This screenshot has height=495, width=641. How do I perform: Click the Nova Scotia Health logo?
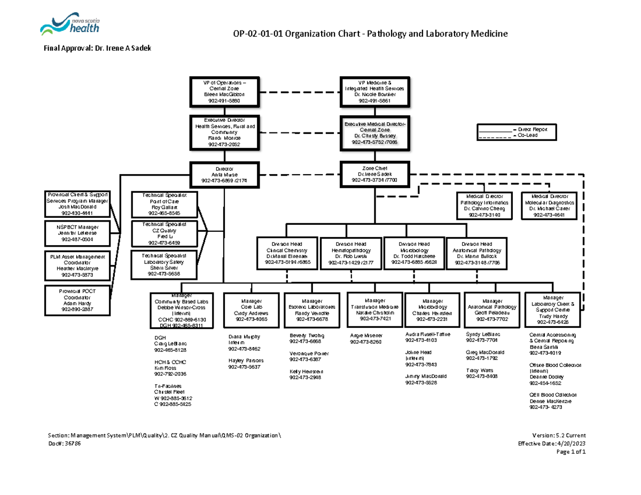point(69,24)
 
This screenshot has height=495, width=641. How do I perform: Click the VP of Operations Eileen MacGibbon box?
point(224,91)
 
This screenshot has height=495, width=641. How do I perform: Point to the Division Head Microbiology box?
point(414,253)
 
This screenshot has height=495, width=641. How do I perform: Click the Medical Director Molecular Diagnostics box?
point(551,206)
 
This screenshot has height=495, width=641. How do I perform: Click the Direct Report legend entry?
point(536,129)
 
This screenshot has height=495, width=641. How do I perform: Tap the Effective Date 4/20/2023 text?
point(552,444)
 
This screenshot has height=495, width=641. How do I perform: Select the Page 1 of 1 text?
point(572,452)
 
